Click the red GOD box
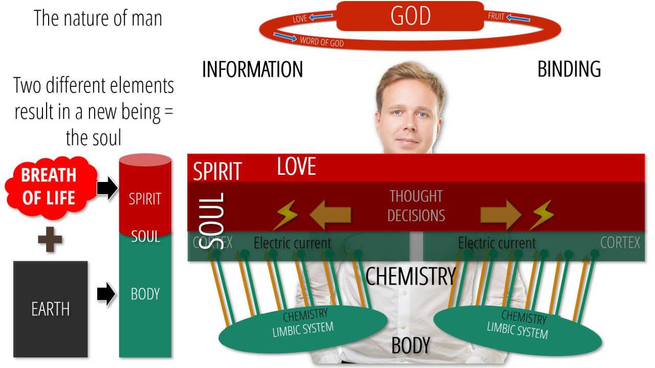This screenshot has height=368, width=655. pos(410,16)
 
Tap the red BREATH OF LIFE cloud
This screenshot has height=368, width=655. pos(49,186)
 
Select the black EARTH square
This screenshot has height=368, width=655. pos(50,309)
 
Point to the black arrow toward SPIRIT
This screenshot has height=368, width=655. pos(107,189)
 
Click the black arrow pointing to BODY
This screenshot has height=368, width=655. pos(106,294)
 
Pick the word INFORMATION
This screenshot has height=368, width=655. pos(252,70)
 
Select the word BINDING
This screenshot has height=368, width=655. pos(569,70)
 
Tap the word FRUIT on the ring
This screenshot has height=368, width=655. pos(496,16)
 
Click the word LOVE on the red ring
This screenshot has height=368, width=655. pos(300,19)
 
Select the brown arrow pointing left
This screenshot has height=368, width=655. pos(331,215)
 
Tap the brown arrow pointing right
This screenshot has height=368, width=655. pos(500,215)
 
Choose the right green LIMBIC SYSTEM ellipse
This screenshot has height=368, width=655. pos(517,327)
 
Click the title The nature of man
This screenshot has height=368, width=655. pos(98,18)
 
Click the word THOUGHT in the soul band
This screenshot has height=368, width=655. pos(416,196)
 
